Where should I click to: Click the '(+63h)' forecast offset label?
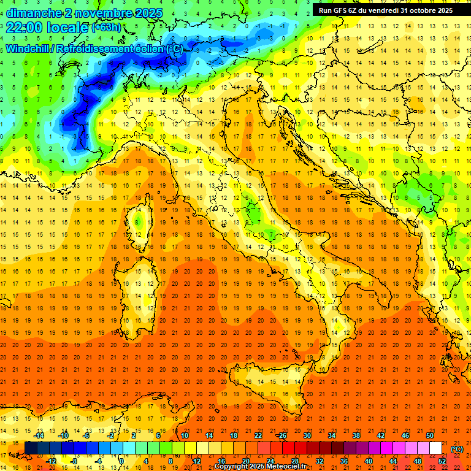(106, 28)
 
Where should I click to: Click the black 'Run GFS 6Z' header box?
(385, 10)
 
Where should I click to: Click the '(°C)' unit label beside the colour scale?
(456, 448)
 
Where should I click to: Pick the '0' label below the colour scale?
(121, 461)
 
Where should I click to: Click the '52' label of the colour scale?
(442, 461)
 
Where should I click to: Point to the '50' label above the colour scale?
(429, 435)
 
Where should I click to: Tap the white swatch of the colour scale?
(435, 448)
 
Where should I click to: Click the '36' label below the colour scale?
(343, 461)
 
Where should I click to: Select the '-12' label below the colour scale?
(52, 461)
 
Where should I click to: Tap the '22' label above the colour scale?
(258, 435)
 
